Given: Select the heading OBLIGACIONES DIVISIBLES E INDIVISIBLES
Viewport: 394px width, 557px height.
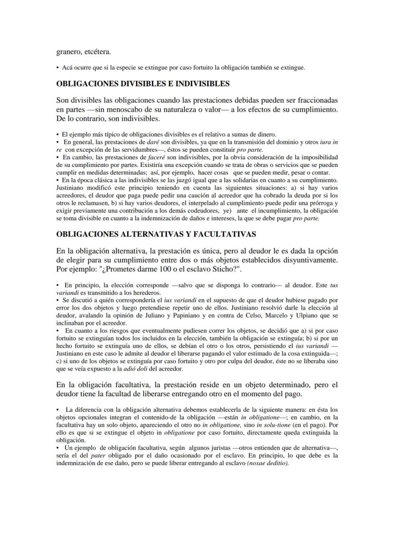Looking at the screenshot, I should click(x=143, y=84).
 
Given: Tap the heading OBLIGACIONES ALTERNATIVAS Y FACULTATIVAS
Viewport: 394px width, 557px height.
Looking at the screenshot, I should click(x=156, y=234).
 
